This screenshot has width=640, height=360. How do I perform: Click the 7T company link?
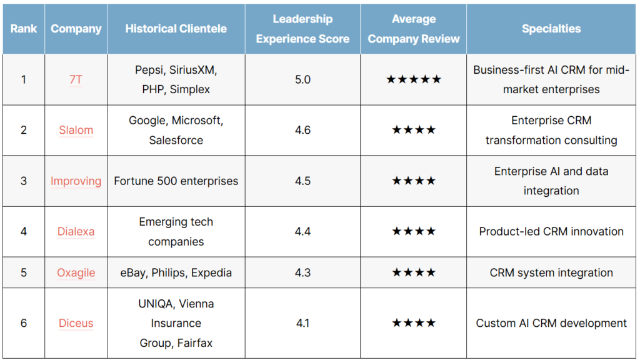[76, 79]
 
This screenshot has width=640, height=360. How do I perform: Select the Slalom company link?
[76, 130]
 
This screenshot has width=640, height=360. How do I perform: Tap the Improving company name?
[76, 181]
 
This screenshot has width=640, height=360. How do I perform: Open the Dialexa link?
[76, 231]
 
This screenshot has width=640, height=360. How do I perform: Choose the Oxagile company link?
[76, 272]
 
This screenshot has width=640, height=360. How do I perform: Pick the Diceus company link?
[76, 323]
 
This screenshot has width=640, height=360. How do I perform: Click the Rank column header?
[24, 29]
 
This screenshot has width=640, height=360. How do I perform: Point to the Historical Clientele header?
[176, 29]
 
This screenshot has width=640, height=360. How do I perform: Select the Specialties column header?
[551, 29]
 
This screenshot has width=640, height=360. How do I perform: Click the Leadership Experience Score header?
[302, 29]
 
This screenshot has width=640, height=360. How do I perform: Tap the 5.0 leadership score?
[302, 79]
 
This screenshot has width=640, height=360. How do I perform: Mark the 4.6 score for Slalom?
[302, 130]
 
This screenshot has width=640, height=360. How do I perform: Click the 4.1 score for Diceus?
[302, 323]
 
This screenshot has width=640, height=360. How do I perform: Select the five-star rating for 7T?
[414, 79]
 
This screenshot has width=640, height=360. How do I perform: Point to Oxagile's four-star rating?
[414, 272]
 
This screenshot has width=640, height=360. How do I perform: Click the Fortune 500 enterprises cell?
[176, 181]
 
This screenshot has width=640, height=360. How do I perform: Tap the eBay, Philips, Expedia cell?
[176, 272]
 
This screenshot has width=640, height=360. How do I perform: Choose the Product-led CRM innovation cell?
[551, 231]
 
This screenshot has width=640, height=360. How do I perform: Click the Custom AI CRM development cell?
[551, 323]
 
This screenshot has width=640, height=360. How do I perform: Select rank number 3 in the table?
[24, 181]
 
